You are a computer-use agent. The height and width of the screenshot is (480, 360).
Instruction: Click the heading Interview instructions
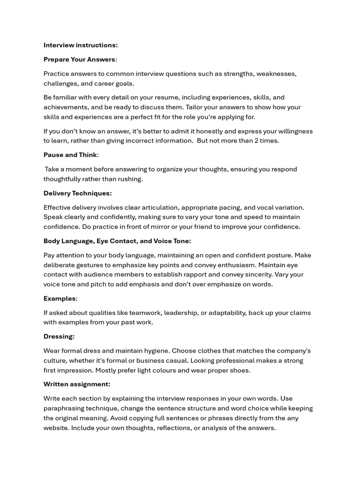click(x=81, y=45)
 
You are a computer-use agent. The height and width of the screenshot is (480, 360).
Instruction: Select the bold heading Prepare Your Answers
click(x=79, y=59)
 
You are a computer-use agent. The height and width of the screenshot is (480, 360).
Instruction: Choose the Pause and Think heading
click(x=70, y=155)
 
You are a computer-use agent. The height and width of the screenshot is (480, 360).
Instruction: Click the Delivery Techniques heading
click(x=77, y=193)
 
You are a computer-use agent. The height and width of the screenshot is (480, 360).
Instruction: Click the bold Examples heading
click(x=60, y=299)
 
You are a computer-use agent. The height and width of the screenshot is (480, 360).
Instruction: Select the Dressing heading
click(x=59, y=337)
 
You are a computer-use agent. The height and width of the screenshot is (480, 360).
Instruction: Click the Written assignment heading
click(x=77, y=384)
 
